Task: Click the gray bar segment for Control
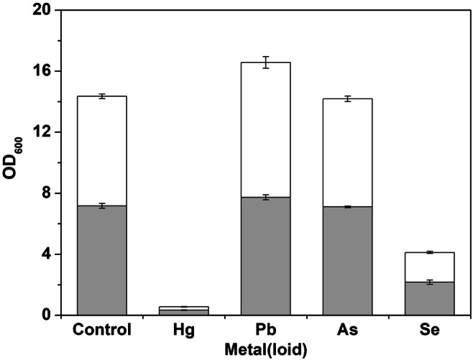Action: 101,260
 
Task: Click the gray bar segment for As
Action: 347,261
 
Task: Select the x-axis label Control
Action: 101,331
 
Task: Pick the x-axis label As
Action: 347,331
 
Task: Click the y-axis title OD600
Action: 16,162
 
